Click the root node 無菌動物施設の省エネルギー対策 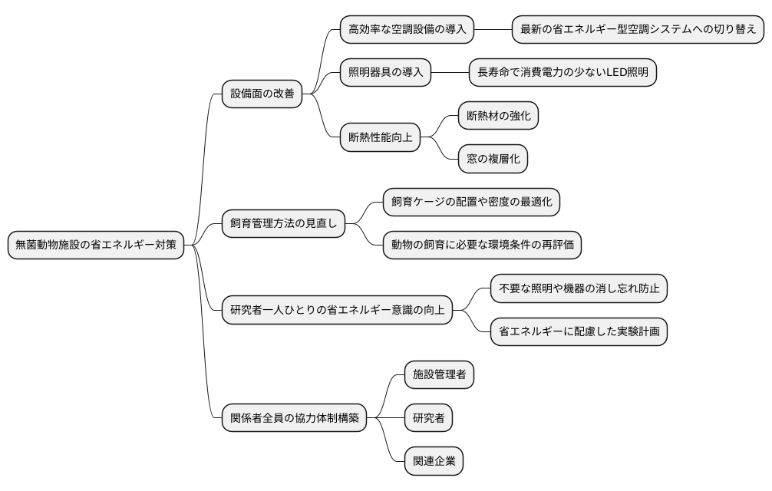[96, 245]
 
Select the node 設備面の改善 [262, 94]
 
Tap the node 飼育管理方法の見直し [283, 224]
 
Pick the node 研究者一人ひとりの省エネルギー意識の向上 [337, 311]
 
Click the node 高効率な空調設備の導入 [407, 30]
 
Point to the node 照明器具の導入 [385, 73]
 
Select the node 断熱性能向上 [380, 138]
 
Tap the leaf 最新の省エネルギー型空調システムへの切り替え [638, 30]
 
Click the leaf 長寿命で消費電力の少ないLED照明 [563, 73]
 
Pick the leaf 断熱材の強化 [498, 116]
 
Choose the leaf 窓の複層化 [493, 160]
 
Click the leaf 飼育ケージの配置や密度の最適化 [471, 203]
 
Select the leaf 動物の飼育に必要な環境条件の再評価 [482, 245]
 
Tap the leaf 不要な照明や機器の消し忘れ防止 [579, 288]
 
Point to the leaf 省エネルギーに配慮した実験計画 [579, 332]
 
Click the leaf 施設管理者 [439, 375]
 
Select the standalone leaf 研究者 [428, 418]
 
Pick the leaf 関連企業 [434, 461]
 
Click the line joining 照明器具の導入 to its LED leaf [450, 73]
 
